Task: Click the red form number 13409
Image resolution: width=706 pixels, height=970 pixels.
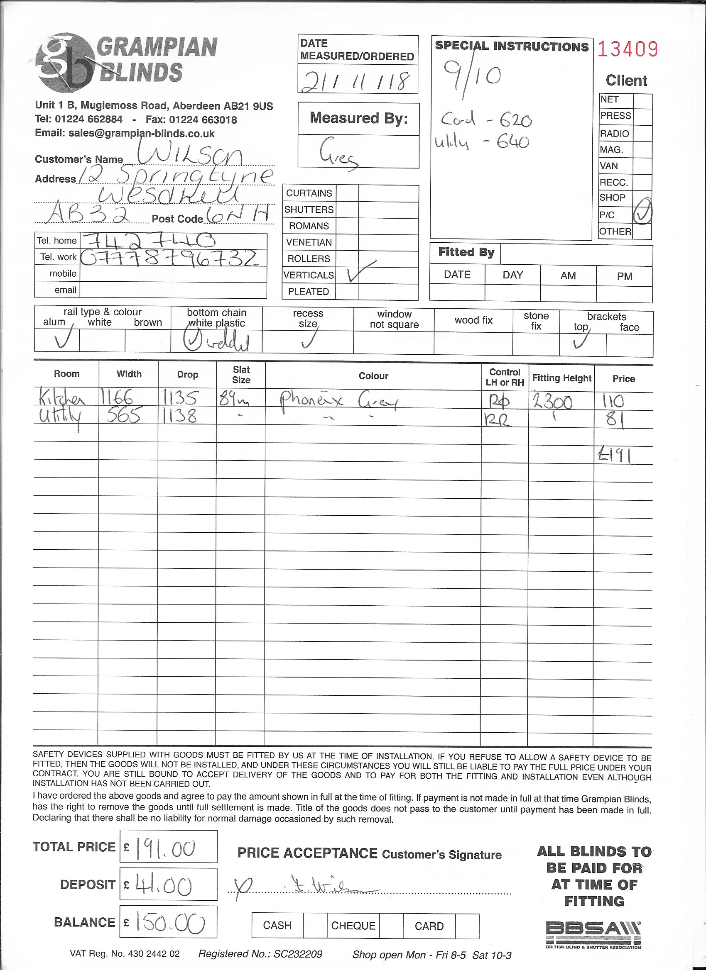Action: pos(627,49)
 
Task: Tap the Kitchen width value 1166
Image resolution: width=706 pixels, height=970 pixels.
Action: pos(116,400)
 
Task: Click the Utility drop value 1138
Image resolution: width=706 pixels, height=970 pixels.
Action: pos(180,416)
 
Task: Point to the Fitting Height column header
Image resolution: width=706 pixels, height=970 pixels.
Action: pos(561,378)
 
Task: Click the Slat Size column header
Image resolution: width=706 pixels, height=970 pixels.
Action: pos(241,375)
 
